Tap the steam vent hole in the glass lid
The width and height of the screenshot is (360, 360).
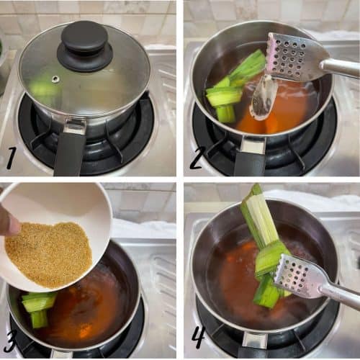click(x=56, y=78)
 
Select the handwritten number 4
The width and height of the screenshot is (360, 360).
click(x=199, y=338)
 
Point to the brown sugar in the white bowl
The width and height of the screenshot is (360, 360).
click(x=48, y=253)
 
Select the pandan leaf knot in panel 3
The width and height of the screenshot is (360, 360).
click(x=38, y=308)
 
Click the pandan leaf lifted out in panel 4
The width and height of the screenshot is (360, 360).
click(x=265, y=243)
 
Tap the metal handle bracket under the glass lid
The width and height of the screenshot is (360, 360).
click(x=75, y=125)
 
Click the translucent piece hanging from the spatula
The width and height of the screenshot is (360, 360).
click(x=261, y=95)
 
